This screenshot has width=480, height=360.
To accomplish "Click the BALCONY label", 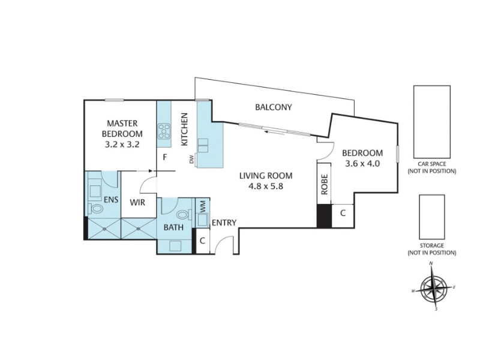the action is click(274, 107).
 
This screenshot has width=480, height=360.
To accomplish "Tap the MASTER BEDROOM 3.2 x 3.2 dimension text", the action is click(122, 144).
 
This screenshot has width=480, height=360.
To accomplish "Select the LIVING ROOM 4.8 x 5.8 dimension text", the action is click(266, 186).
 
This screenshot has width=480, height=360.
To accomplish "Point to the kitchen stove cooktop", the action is click(164, 131).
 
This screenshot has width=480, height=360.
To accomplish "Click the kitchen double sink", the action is click(203, 145).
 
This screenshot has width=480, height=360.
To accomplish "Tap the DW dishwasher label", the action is click(192, 159).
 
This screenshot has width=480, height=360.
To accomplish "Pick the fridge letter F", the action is click(164, 158).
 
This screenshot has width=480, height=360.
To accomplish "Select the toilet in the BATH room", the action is click(184, 215).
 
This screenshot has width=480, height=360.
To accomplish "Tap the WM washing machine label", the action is click(203, 206).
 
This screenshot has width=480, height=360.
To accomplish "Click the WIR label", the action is click(137, 202).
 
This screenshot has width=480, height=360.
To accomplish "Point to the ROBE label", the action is click(325, 184).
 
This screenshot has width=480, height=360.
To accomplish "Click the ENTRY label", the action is click(224, 223).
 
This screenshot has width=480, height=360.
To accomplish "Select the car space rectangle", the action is click(431, 122).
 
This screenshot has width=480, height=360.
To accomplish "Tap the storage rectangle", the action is click(431, 217).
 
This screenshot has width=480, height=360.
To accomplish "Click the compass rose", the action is click(433, 287).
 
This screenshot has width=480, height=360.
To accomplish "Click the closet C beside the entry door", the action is click(202, 241).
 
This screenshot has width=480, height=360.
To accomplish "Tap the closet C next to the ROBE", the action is click(343, 213).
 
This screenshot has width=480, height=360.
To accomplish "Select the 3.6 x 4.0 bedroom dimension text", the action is click(362, 164).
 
